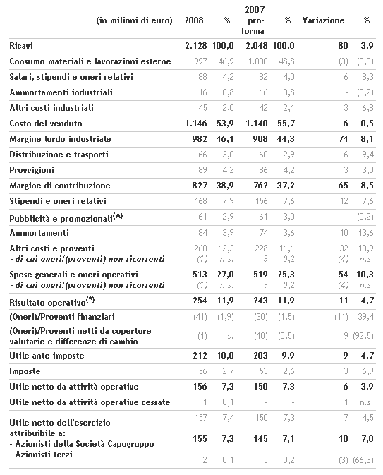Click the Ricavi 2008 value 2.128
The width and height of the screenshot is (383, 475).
pyautogui.click(x=196, y=46)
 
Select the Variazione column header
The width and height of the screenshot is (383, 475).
pyautogui.click(x=323, y=20)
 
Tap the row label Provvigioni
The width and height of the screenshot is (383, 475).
pyautogui.click(x=32, y=170)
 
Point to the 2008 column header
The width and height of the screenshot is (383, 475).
pyautogui.click(x=194, y=20)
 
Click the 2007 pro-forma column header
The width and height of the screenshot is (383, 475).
pyautogui.click(x=255, y=20)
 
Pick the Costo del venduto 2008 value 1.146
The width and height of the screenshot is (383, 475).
pyautogui.click(x=196, y=124)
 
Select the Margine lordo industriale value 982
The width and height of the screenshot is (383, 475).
pyautogui.click(x=200, y=139)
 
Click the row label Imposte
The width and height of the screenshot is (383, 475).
pyautogui.click(x=25, y=371)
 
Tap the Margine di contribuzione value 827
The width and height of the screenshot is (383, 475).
pyautogui.click(x=200, y=186)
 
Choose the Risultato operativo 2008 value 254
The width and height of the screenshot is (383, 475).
pyautogui.click(x=200, y=301)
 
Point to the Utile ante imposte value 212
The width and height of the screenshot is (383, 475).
pyautogui.click(x=200, y=355)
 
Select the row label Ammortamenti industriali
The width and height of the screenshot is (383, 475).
pyautogui.click(x=61, y=92)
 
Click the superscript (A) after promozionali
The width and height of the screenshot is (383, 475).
pyautogui.click(x=118, y=216)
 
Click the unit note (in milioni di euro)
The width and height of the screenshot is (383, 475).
pyautogui.click(x=134, y=20)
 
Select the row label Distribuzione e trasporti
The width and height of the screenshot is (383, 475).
pyautogui.click(x=59, y=155)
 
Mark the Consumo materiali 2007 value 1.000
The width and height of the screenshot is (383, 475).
pyautogui.click(x=258, y=61)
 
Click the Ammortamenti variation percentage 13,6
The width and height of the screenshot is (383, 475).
pyautogui.click(x=366, y=233)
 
